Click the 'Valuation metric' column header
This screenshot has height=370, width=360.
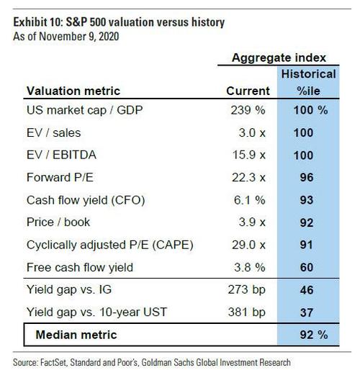pos(74,91)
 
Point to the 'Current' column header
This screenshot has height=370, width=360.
pos(248,91)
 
